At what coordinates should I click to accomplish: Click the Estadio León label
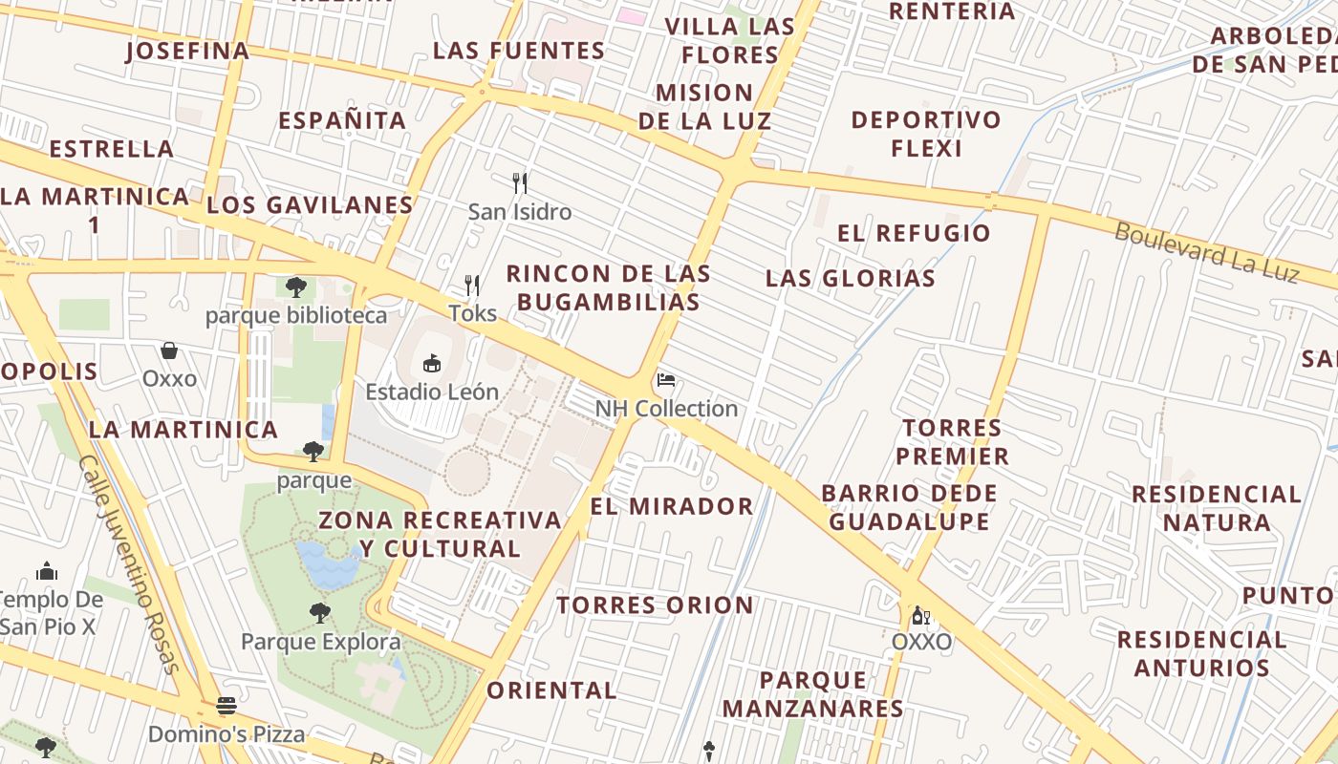pos(432,392)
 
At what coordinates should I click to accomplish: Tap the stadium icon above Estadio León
pos(432,364)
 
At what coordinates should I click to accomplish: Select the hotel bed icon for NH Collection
pos(666,381)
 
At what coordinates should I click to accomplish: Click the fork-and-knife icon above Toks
pos(472,285)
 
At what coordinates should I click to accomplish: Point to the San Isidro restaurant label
pos(519,212)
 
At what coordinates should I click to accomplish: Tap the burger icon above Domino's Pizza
pos(227,707)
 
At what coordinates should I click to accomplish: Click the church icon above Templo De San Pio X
pos(47,571)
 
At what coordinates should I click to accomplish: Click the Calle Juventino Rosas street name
pos(130,563)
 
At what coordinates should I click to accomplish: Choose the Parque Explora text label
pos(320,641)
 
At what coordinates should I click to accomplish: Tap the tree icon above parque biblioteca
pos(296,286)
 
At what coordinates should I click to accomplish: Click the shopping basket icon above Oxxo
pos(169,350)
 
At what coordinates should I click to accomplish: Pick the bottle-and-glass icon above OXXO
pos(920,615)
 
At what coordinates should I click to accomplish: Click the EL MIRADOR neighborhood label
pos(671,506)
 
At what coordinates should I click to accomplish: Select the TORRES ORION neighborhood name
pos(655,605)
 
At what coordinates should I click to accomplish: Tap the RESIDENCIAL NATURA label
pos(1216,508)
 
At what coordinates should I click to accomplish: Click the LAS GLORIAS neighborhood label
pos(850,279)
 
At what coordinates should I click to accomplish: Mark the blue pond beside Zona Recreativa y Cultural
pos(328,563)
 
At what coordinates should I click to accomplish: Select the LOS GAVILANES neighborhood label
pos(310,205)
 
